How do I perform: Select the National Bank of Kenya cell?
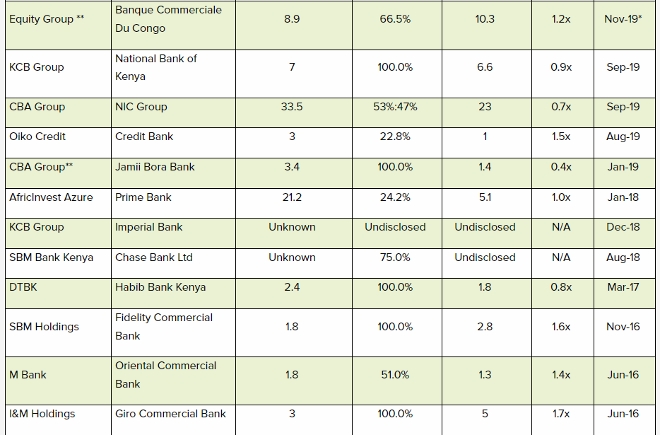point(156,67)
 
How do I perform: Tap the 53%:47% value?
point(395,107)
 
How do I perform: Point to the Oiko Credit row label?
point(37,137)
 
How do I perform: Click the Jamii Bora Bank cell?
point(155,167)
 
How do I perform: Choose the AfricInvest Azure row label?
point(51,197)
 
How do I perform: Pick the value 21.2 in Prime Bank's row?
point(292,197)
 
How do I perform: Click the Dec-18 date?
point(623,227)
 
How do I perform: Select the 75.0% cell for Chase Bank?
point(395,257)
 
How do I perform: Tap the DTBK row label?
point(25,287)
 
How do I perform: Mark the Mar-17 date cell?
point(623,287)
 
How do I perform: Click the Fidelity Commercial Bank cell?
point(164,327)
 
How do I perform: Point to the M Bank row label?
point(28,375)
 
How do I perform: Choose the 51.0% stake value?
point(395,375)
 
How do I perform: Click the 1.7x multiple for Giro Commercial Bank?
point(561,414)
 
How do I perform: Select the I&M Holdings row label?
point(42,414)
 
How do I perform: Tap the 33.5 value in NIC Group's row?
point(292,107)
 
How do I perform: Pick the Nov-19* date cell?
point(623,19)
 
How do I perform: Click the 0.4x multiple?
point(561,167)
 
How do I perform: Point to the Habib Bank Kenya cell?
point(160,287)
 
